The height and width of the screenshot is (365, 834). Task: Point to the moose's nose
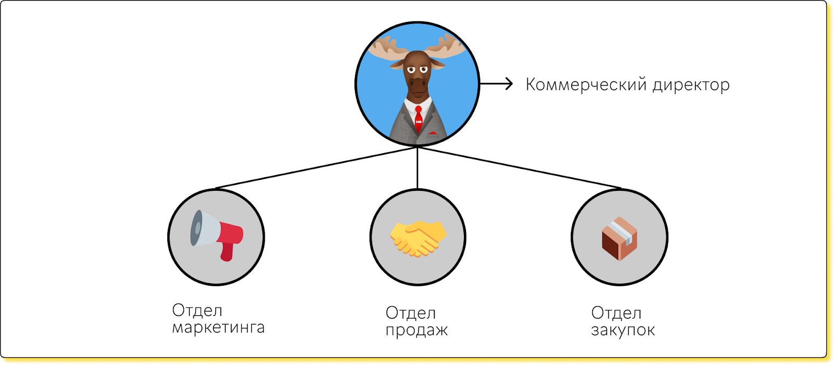coord(418,83)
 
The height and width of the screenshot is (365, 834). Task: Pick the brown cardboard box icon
coord(619,238)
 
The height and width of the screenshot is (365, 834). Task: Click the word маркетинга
coord(218,328)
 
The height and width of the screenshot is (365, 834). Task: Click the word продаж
coord(416,331)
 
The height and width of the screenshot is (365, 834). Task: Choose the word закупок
coord(623,330)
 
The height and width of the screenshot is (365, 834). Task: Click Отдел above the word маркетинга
coord(197,310)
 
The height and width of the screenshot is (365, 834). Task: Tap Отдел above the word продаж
coord(411,313)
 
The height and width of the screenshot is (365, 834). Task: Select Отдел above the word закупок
coord(616,313)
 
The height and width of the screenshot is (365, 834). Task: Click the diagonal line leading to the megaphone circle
coord(315,168)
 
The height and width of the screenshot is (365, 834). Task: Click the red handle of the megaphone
coord(227,252)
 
